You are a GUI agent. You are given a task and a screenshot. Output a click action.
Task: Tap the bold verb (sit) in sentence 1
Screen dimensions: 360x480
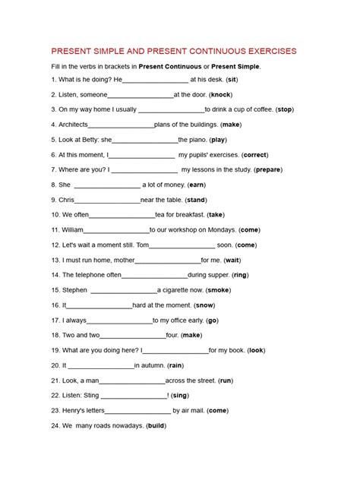232,80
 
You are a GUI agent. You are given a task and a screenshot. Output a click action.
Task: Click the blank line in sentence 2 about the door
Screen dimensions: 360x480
141,96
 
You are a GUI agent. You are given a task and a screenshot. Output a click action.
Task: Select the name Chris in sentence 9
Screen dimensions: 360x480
66,200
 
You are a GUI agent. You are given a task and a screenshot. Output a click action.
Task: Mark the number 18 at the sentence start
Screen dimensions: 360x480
55,334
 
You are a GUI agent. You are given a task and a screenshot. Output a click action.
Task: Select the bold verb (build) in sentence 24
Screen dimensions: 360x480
156,425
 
